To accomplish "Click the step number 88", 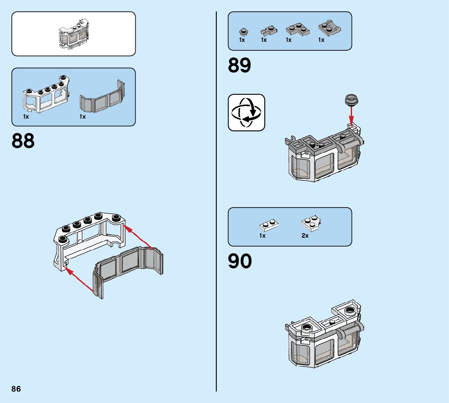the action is tap(23, 141).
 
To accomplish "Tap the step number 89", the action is tap(240, 65).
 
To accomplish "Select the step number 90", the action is tap(240, 262).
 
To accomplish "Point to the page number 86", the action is tap(16, 389).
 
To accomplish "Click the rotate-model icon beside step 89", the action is tap(246, 113).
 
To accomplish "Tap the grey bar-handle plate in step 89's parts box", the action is tap(329, 28).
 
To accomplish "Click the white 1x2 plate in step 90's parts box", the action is tap(268, 225).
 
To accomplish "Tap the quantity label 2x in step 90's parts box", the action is tap(305, 236).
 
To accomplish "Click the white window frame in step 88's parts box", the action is tap(45, 95).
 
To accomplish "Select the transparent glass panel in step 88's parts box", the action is tap(102, 98).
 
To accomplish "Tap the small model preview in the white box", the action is tap(73, 34).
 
